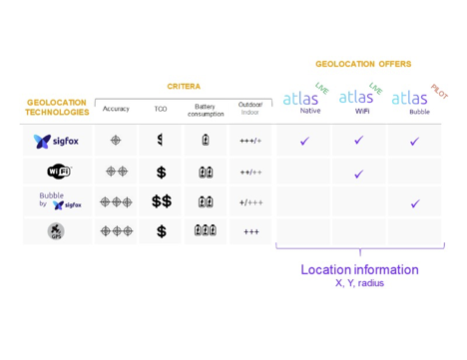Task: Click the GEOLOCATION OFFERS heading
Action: pos(362,65)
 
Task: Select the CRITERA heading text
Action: pos(183,87)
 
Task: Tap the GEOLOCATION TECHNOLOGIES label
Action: pos(57,108)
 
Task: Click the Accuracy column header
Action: pos(116,109)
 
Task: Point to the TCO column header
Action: pos(161,109)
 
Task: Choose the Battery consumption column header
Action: pos(205,109)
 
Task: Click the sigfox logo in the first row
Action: pos(57,142)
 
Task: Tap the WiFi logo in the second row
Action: pos(57,173)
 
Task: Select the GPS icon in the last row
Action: pos(57,232)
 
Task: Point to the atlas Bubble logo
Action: pos(410,101)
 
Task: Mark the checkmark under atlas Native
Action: pos(304,142)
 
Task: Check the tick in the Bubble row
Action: pos(415,203)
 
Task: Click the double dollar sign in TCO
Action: pos(161,202)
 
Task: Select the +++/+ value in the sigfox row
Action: pos(250,142)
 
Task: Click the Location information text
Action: pos(359,270)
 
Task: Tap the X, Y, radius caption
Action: pos(359,283)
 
